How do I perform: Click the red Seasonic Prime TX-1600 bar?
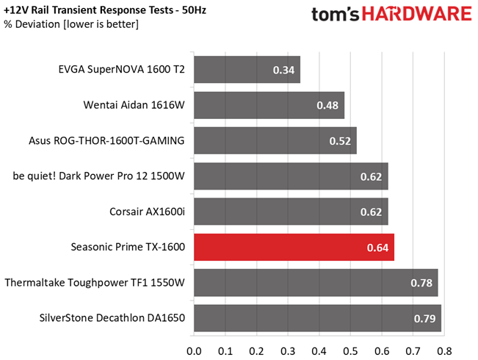click(294, 247)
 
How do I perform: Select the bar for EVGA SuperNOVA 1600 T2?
click(247, 70)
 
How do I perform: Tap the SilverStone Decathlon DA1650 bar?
click(318, 318)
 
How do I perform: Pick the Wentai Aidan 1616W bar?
click(269, 105)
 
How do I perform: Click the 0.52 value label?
click(340, 141)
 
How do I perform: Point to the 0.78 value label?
click(421, 283)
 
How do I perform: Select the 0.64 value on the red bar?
click(377, 248)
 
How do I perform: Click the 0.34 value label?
click(283, 70)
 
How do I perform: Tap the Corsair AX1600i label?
click(147, 212)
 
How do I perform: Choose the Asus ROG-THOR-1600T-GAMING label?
click(106, 140)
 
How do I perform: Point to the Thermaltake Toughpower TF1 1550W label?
click(95, 283)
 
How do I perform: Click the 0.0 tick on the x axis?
click(194, 351)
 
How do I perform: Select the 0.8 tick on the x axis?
click(444, 351)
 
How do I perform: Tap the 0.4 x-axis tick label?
click(319, 351)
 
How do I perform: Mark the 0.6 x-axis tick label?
click(382, 351)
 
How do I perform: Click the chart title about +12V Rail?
click(105, 10)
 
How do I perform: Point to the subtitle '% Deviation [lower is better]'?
click(71, 24)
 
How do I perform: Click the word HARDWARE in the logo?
click(417, 14)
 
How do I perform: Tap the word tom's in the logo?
click(336, 15)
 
